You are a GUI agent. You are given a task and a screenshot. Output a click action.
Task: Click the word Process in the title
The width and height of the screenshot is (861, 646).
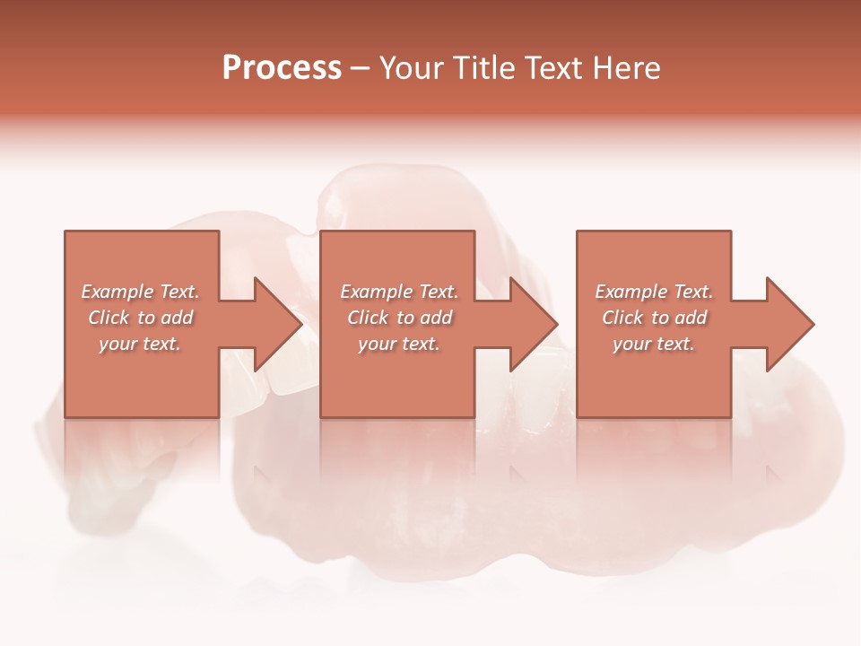coord(282,67)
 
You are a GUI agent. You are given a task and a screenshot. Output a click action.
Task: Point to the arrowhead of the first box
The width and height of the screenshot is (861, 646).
coord(276,324)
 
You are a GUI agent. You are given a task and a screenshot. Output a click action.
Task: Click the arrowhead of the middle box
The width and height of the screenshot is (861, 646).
coord(532,324)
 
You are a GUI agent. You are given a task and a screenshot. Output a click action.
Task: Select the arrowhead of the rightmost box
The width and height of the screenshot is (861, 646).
coord(788,324)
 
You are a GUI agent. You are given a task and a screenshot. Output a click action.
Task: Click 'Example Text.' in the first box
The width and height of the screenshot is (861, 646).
coord(141,292)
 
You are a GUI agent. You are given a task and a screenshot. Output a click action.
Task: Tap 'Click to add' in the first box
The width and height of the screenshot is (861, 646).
coord(141,318)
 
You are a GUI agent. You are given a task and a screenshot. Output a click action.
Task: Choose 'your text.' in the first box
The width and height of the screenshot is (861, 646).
coord(141,344)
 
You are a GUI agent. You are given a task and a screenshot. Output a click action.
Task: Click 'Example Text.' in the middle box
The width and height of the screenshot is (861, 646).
coord(399,292)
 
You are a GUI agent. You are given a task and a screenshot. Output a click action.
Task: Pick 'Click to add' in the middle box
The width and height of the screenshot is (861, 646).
coord(399,318)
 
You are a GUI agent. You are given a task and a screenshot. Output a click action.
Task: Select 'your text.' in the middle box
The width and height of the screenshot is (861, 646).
coord(399,344)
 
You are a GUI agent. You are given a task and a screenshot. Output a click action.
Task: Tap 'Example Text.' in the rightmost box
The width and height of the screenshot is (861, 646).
coord(654,292)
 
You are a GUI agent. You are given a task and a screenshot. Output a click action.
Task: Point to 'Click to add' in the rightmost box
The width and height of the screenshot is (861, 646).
coord(654,318)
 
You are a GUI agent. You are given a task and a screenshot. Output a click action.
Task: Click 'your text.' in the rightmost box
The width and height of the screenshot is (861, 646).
coord(654,344)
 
